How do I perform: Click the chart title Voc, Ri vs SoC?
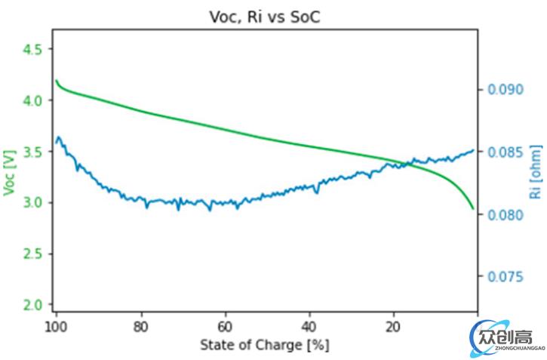click(x=263, y=17)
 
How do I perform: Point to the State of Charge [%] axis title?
click(x=265, y=346)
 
